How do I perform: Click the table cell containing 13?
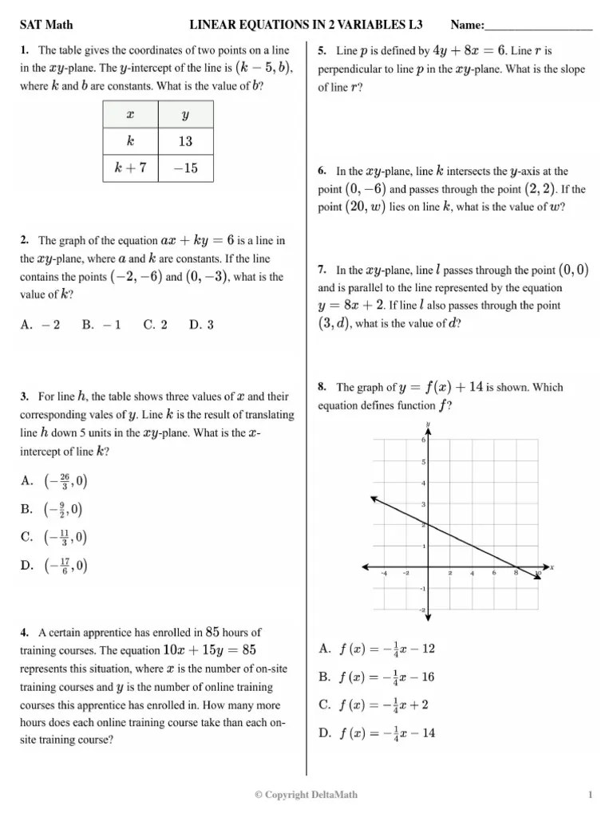coord(185,141)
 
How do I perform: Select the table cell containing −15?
coord(185,168)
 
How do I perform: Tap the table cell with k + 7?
coord(131,168)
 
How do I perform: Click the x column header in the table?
coord(131,115)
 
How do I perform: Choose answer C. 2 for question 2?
coord(155,325)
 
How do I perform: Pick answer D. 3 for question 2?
coord(201,325)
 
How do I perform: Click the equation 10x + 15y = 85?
coord(210,650)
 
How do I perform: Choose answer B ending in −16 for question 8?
coord(377,677)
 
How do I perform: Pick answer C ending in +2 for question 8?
coord(374,705)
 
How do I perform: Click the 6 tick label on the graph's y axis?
coord(422,440)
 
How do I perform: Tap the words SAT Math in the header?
coord(45,26)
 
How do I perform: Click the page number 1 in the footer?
coord(590,795)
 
